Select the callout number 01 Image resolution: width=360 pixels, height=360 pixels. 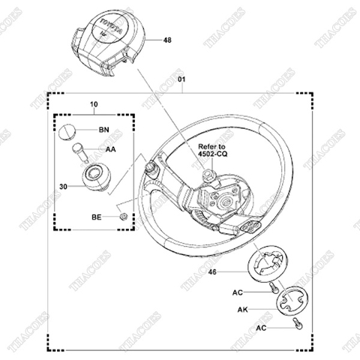(181, 80)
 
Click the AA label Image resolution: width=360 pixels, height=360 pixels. (109, 150)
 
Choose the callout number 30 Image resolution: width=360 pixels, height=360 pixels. (64, 182)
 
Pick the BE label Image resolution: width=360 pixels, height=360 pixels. (97, 216)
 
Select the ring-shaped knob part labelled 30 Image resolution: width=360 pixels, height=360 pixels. (94, 179)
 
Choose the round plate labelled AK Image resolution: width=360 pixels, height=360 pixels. (286, 303)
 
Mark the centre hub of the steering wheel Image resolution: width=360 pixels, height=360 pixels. (224, 201)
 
